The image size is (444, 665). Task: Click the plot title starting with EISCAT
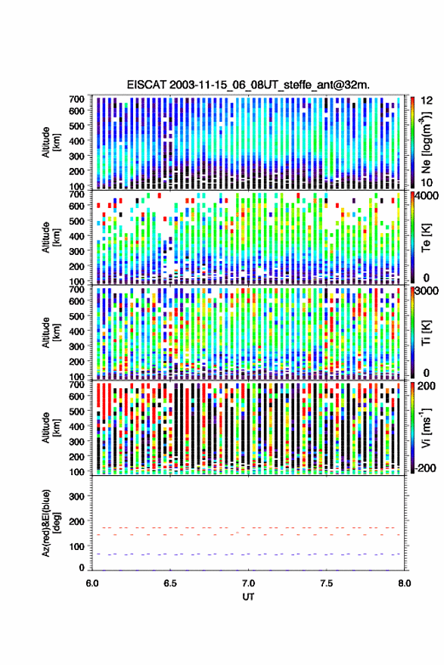(248, 85)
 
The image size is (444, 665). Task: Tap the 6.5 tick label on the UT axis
(170, 583)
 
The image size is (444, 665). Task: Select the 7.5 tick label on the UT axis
(326, 583)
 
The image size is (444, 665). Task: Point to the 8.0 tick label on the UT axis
(404, 583)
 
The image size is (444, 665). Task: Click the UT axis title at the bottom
(248, 597)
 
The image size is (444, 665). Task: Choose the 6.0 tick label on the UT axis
(92, 583)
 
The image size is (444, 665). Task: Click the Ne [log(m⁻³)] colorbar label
(426, 142)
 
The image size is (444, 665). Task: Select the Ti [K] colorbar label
(426, 333)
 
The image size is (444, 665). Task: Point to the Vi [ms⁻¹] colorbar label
(426, 427)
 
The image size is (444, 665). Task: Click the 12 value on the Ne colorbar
(426, 101)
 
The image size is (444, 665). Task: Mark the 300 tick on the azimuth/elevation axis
(76, 496)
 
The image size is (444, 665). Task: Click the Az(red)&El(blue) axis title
(51, 523)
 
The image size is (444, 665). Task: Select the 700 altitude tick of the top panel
(76, 99)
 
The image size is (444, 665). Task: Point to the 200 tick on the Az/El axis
(76, 521)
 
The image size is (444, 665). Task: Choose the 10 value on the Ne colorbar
(426, 182)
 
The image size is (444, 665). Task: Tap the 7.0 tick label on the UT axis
(248, 583)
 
